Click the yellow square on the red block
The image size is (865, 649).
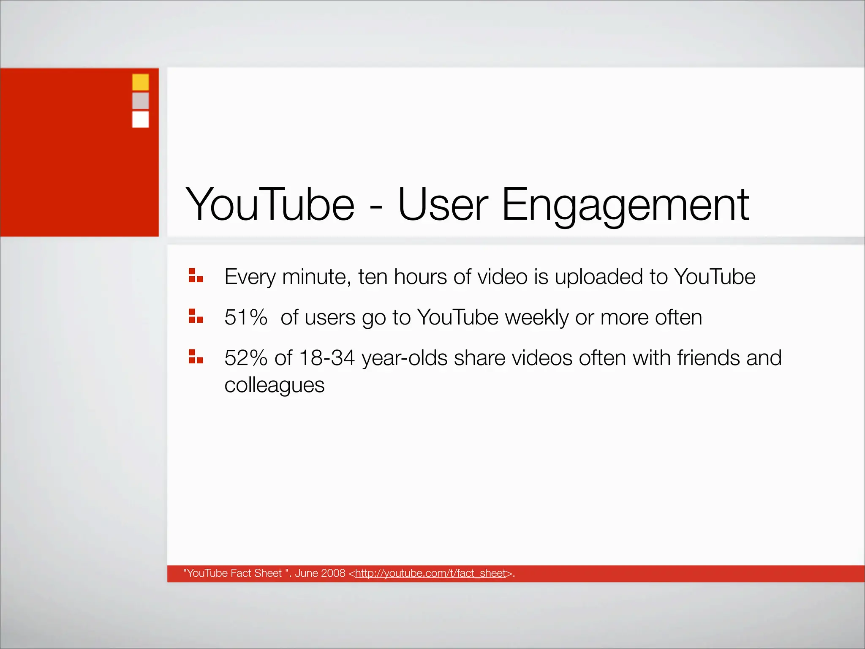click(140, 82)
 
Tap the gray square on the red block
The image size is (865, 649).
click(140, 101)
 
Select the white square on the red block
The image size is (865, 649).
click(140, 119)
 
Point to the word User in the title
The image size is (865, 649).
click(443, 205)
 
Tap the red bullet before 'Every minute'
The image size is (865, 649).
click(196, 275)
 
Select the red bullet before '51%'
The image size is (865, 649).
click(196, 316)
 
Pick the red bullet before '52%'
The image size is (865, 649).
click(196, 357)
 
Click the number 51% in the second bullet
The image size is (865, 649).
click(246, 317)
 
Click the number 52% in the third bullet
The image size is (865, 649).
click(246, 358)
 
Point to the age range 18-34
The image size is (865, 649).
click(326, 358)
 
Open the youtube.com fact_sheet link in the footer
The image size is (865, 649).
click(430, 573)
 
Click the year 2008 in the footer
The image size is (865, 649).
click(333, 573)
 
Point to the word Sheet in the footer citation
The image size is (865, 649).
click(268, 573)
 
